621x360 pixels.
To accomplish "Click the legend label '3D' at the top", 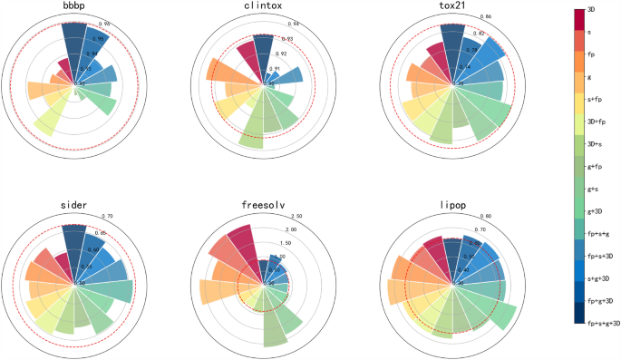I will pyautogui.click(x=591, y=8).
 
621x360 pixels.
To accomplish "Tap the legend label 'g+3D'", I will pyautogui.click(x=596, y=210).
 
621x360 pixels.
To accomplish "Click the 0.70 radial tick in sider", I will pyautogui.click(x=106, y=216).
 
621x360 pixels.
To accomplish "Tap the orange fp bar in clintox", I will pyautogui.click(x=219, y=73).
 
